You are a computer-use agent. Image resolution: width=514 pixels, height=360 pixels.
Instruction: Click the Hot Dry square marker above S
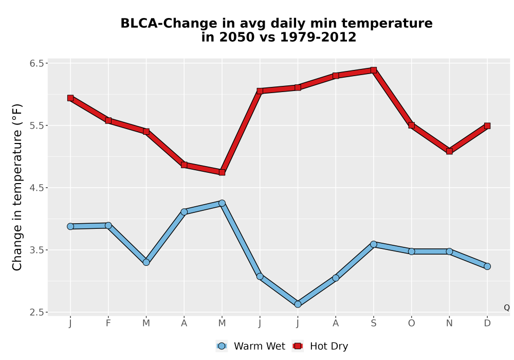coord(373,70)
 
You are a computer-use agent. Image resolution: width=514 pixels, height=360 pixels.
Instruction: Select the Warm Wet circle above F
coord(108,225)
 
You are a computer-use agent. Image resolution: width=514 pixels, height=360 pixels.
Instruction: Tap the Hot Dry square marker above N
coord(449,151)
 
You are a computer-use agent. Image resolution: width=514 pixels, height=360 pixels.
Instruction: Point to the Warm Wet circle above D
coord(487,266)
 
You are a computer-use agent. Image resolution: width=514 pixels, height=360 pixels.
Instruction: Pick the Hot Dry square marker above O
coord(411,125)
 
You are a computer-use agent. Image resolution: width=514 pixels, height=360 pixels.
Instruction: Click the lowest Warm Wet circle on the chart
coord(298,304)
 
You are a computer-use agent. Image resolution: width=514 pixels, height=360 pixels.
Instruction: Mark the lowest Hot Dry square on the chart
coord(222,172)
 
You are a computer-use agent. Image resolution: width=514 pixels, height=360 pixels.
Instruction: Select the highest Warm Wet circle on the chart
coord(222,203)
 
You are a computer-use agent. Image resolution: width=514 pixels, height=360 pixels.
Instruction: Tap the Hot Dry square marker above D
coord(487,125)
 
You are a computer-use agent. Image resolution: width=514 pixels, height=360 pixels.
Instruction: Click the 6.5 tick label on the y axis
coord(36,63)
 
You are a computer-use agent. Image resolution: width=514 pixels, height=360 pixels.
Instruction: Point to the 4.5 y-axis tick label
coord(36,188)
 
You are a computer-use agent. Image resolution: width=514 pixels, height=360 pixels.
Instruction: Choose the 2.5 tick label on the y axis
coord(36,312)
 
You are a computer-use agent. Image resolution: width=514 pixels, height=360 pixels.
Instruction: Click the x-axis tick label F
coord(108,323)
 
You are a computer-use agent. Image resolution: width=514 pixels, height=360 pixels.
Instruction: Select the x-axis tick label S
coord(373,323)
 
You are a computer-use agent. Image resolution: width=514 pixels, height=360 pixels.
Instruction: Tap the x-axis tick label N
coord(449,323)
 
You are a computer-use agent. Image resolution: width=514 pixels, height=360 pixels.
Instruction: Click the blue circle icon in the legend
coord(222,346)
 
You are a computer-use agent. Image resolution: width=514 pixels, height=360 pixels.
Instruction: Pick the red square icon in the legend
coord(298,346)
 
